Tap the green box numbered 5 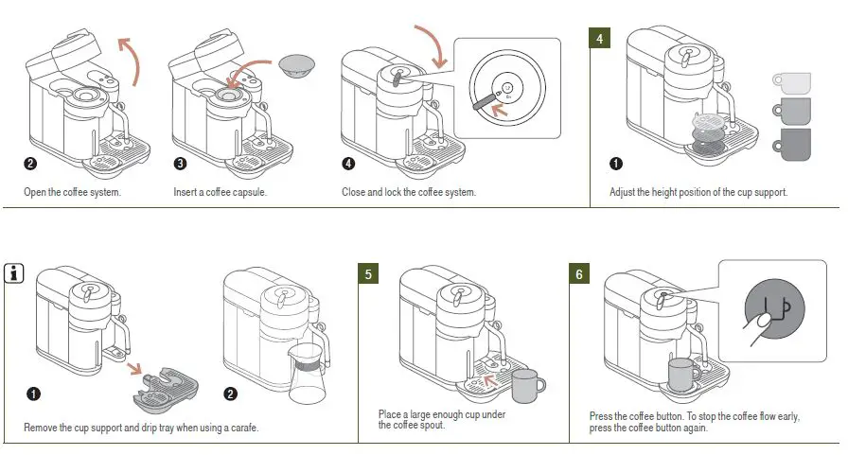369,274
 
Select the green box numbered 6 579,274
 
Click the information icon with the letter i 14,274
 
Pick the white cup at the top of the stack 791,81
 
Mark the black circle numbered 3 180,164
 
